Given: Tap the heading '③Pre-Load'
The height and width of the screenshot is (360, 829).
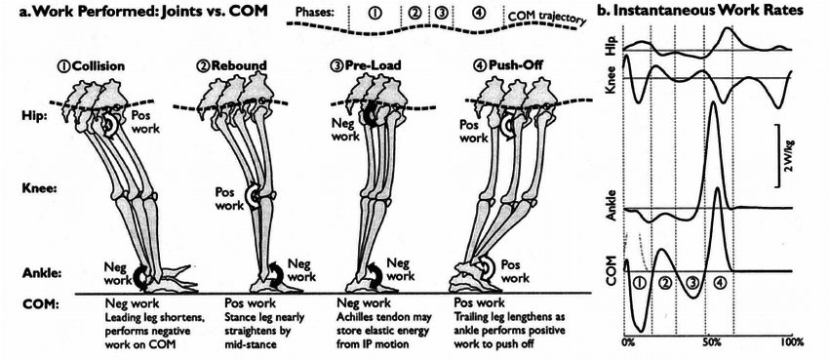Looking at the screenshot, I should pos(373,66).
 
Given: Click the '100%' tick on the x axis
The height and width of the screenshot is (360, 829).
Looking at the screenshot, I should pos(792,343).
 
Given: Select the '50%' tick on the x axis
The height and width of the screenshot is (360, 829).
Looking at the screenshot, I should pos(712,343).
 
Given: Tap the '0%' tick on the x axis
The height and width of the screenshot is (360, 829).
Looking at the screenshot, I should pos(628,343).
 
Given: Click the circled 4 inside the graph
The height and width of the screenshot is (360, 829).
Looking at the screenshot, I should pos(719,283).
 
